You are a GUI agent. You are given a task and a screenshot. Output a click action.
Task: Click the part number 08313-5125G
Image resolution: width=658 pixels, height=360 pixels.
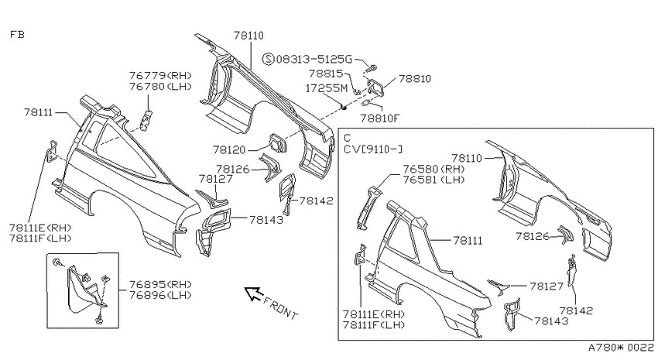point(314,59)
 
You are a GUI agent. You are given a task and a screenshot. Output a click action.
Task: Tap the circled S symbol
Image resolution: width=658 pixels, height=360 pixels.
point(268,59)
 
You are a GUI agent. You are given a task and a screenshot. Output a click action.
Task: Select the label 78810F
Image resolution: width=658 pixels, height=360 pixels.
point(380,118)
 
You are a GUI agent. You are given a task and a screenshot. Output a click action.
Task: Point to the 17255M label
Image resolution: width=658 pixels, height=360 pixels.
point(327,88)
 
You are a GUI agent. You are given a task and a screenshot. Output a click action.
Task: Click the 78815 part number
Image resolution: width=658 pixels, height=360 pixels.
point(326,74)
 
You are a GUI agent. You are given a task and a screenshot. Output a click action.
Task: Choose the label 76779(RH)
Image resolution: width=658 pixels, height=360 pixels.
point(160,76)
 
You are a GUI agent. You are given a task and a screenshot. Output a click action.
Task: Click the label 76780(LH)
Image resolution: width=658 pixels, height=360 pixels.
point(160,87)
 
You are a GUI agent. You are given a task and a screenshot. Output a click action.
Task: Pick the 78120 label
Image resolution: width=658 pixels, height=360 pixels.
point(230,149)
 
